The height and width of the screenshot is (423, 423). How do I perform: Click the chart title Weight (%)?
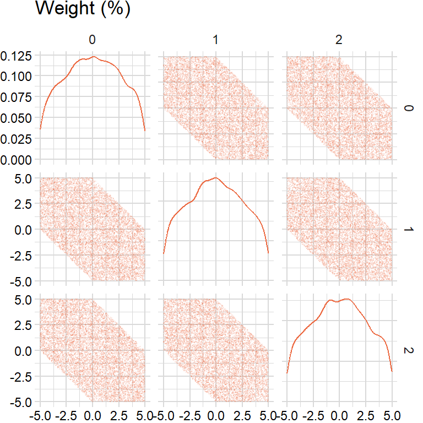tap(83, 9)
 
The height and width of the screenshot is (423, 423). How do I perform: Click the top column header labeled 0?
tap(93, 40)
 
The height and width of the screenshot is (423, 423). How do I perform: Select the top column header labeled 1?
tap(216, 40)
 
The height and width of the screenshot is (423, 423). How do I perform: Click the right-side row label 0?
tap(408, 108)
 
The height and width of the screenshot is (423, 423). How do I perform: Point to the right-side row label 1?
tap(408, 229)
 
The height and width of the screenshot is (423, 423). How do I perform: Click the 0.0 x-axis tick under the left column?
tap(93, 413)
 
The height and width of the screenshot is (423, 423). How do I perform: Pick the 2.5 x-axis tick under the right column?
tap(366, 413)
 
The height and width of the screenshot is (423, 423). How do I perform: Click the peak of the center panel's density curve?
tap(215, 177)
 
